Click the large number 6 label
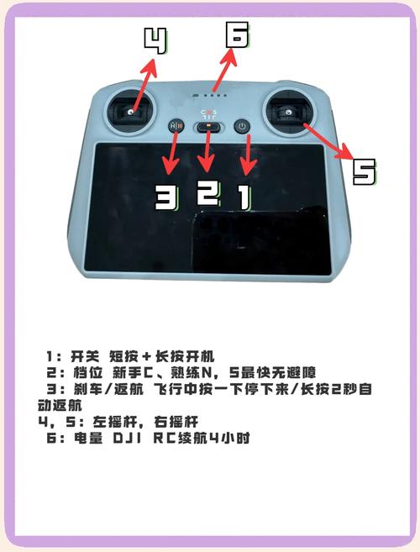pyautogui.click(x=236, y=34)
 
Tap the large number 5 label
pyautogui.click(x=364, y=171)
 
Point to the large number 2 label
pyautogui.click(x=207, y=192)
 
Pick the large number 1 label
pyautogui.click(x=241, y=197)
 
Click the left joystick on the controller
pyautogui.click(x=133, y=109)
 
